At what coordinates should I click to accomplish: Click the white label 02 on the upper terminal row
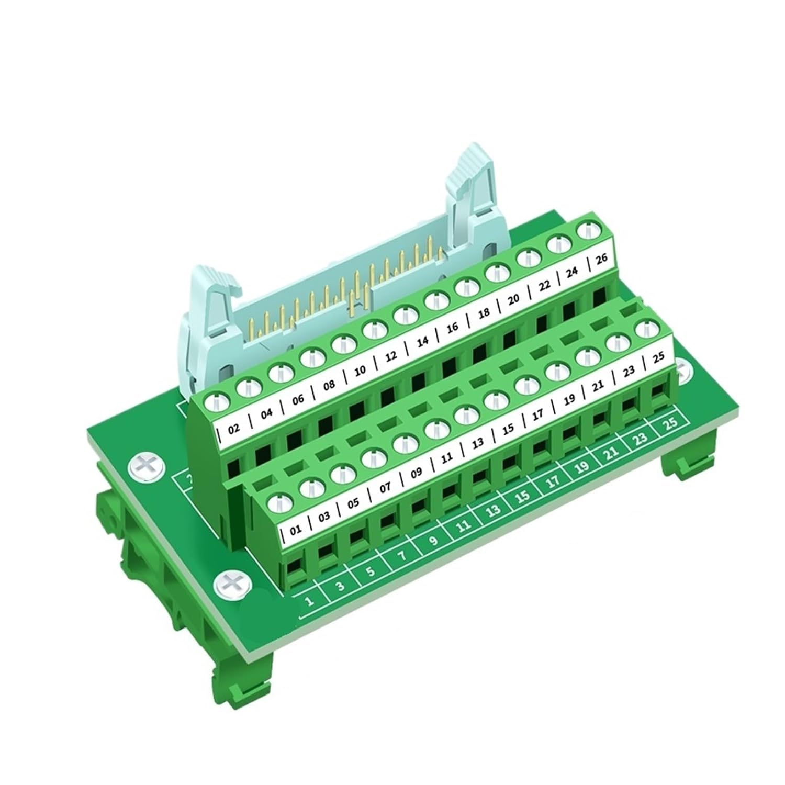pos(234,428)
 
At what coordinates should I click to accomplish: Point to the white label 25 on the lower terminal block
pos(658,358)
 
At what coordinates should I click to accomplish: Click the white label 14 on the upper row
pos(422,341)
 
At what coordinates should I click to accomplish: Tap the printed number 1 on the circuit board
pos(310,600)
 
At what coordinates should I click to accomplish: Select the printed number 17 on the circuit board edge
pos(553,482)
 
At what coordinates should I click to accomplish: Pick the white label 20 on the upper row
pos(513,299)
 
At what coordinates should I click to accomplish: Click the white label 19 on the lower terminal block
pos(569,400)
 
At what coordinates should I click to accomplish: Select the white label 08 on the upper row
pos(329,386)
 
